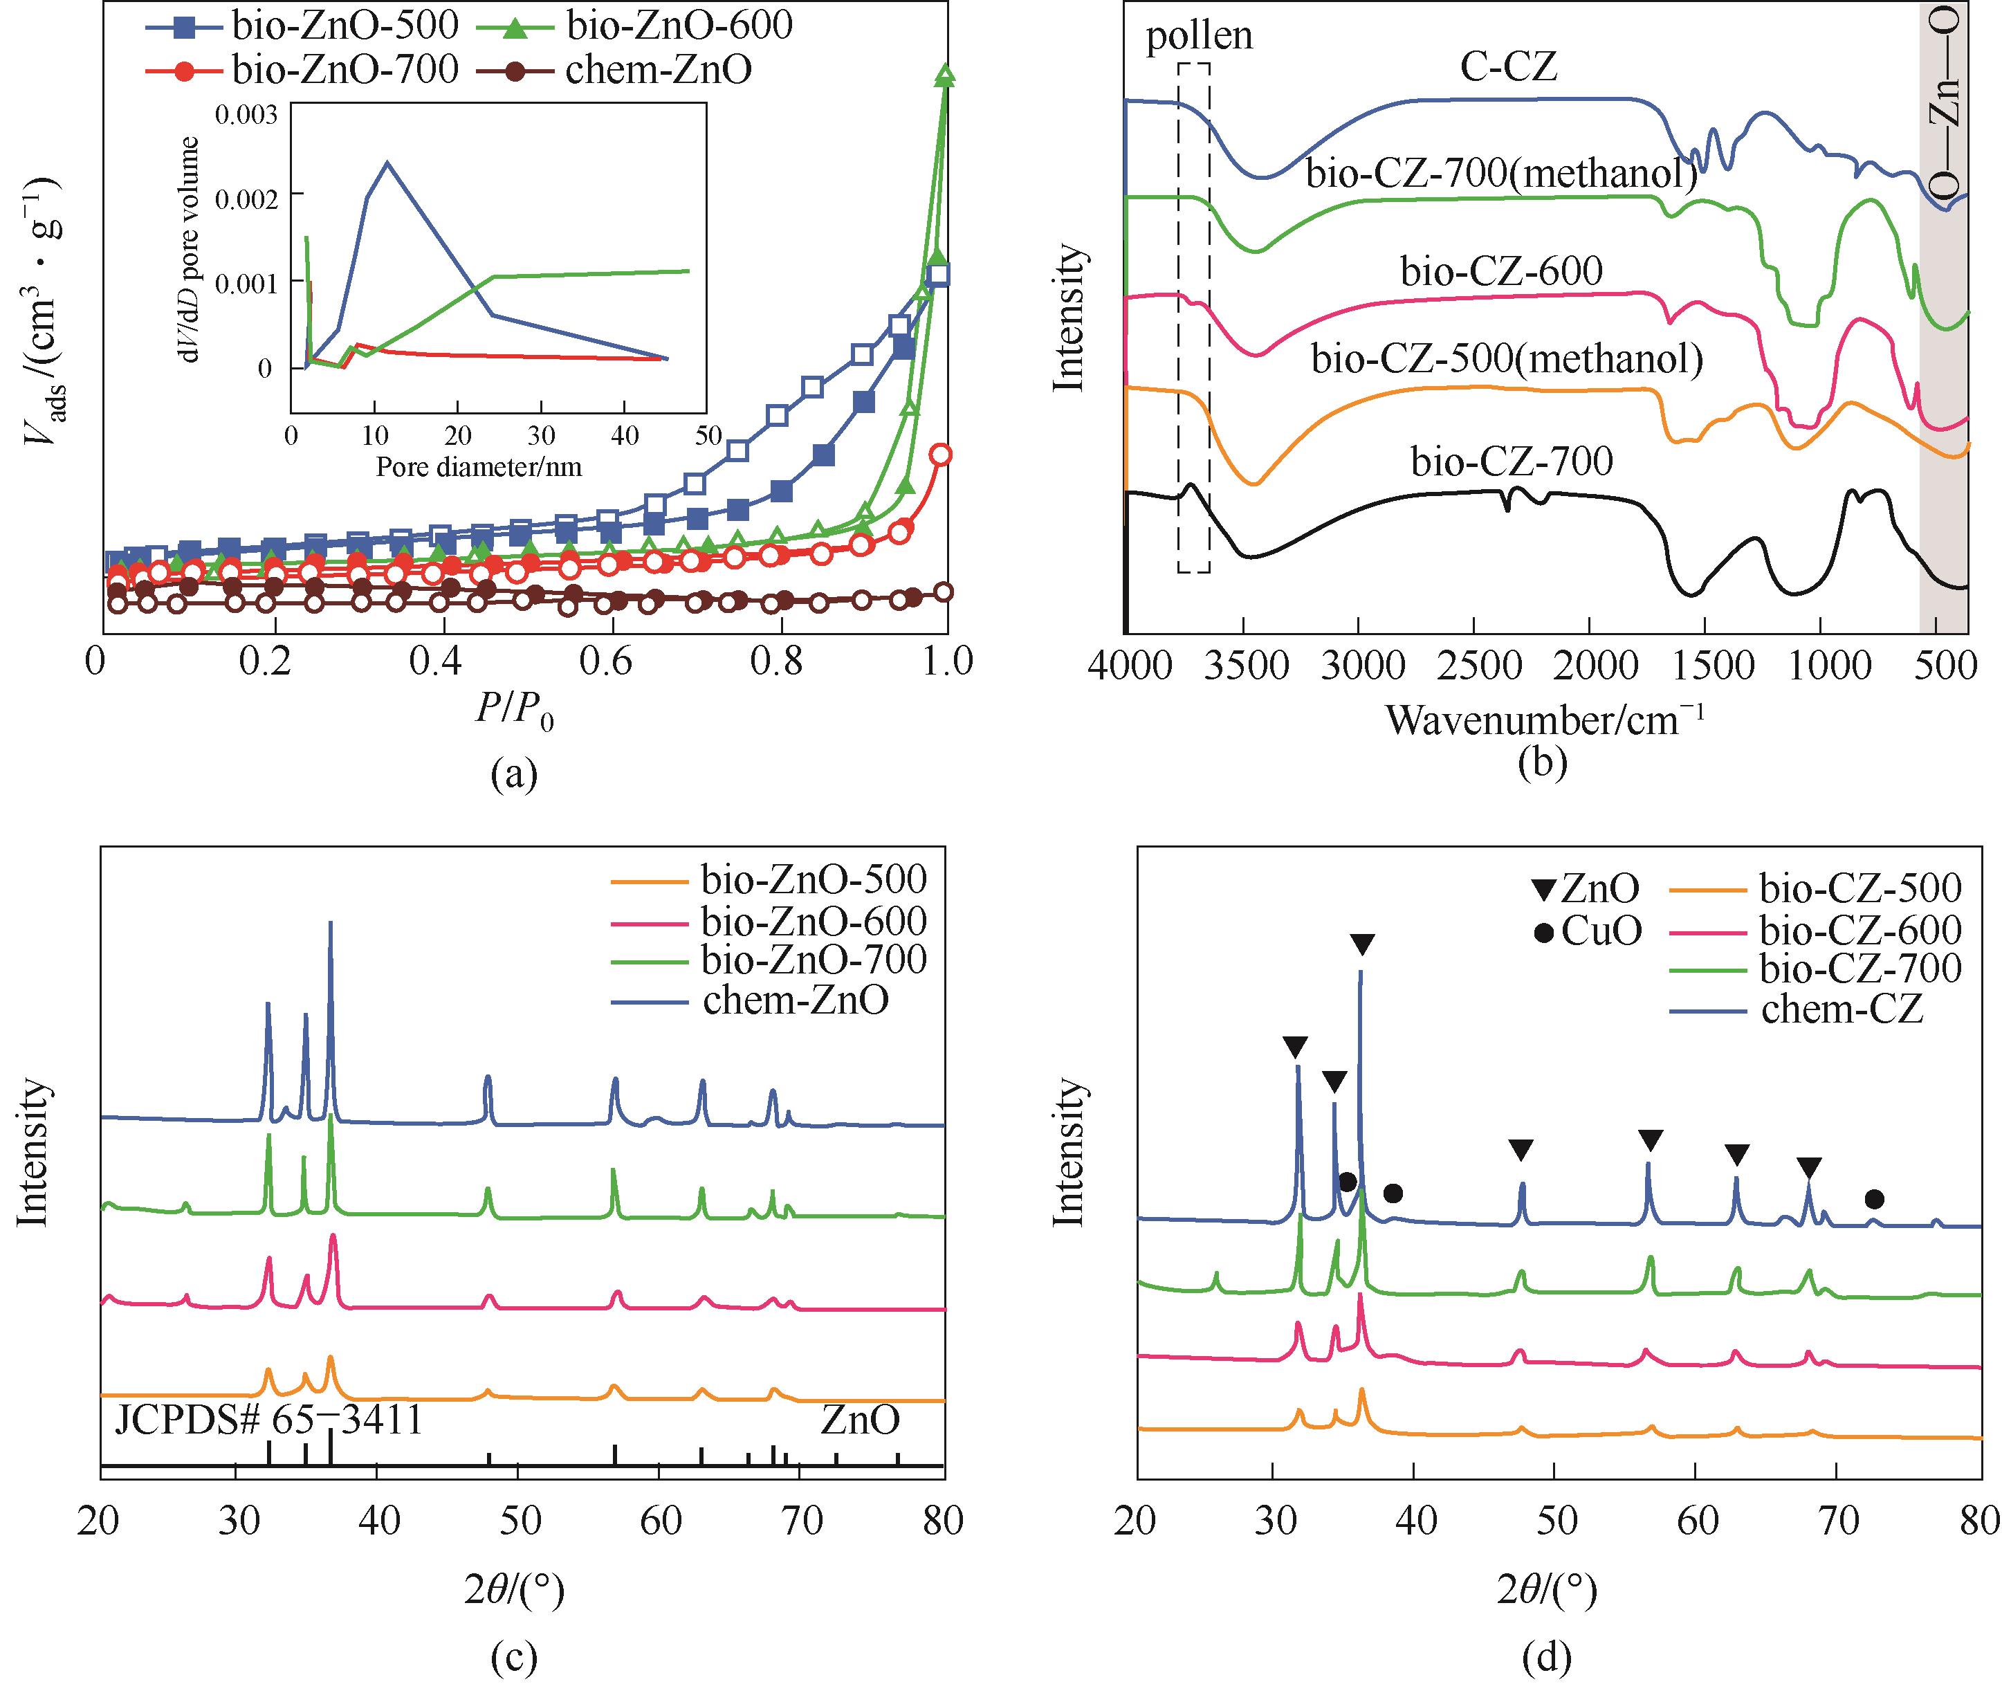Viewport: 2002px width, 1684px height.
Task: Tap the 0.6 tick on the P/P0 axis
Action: point(606,661)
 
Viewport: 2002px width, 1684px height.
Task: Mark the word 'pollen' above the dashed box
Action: point(1199,36)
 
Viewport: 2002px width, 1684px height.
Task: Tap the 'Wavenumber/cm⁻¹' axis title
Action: point(1544,719)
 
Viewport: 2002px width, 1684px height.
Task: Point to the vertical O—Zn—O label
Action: point(1946,100)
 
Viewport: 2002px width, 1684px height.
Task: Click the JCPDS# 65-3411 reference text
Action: point(268,1420)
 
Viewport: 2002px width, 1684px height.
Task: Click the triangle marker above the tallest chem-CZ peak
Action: point(1362,945)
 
